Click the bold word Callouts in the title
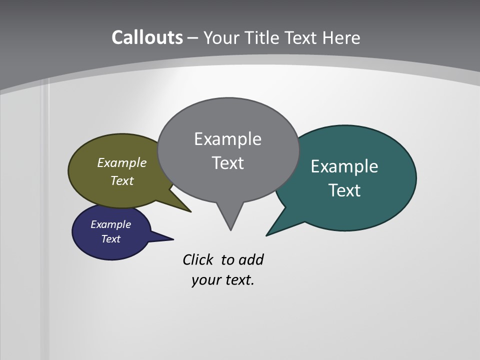(x=147, y=38)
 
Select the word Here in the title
(x=341, y=38)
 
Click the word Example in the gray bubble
(x=227, y=139)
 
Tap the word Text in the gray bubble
(x=227, y=163)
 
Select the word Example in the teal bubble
(x=344, y=166)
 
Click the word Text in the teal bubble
(x=344, y=190)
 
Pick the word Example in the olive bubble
(x=122, y=162)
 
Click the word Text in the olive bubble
(x=122, y=180)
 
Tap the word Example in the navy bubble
(x=111, y=224)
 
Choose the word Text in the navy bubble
(x=111, y=239)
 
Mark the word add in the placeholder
(x=251, y=260)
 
